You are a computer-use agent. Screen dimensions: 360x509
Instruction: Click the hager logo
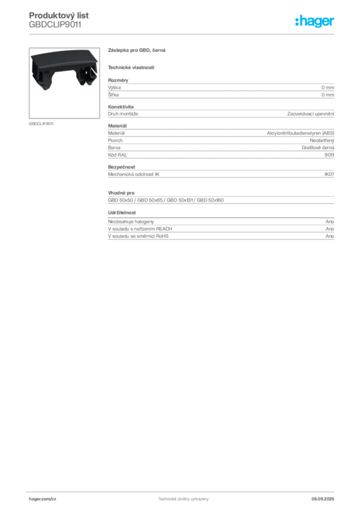(314, 21)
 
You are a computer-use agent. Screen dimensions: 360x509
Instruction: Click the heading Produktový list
(59, 15)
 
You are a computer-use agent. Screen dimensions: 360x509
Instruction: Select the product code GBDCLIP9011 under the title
(55, 25)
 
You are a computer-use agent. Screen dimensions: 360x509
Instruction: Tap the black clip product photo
(64, 83)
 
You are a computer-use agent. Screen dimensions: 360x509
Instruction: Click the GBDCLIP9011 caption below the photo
(41, 124)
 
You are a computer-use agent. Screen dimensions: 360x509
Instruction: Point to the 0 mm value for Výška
(328, 87)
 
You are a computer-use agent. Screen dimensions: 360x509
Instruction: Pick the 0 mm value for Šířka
(328, 95)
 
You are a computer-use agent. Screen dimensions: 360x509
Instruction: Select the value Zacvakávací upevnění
(311, 114)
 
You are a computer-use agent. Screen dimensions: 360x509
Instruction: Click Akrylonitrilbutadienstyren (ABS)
(300, 133)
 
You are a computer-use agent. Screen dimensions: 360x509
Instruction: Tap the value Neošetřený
(322, 141)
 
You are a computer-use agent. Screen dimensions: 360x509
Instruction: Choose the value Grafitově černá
(318, 148)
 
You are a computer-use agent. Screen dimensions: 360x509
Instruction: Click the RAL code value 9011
(329, 155)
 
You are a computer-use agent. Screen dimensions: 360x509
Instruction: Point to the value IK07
(329, 174)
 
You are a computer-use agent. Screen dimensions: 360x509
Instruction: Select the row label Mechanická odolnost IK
(134, 174)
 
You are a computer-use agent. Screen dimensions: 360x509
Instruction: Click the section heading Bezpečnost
(121, 167)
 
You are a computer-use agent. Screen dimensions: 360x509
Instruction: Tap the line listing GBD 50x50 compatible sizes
(166, 200)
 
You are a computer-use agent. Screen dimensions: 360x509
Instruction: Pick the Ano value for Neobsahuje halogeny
(330, 221)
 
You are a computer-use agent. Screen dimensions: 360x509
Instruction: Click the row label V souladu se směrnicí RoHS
(138, 236)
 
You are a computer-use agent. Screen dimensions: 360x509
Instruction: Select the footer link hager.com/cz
(43, 499)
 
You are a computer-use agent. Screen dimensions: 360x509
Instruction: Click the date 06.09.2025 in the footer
(323, 499)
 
